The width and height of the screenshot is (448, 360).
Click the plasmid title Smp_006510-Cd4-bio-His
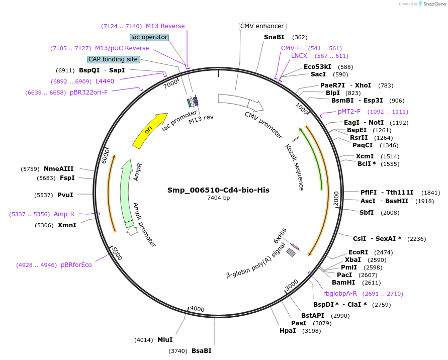pos(219,190)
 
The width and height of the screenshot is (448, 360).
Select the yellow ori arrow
pos(149,131)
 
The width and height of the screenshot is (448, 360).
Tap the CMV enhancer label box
pos(262,26)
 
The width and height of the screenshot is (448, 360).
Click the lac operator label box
pos(149,37)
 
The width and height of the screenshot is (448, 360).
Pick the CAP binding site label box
pos(113,59)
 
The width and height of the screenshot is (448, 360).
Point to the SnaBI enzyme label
pos(274,37)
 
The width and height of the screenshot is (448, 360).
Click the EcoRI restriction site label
pos(358,252)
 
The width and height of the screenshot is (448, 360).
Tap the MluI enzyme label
pos(165,340)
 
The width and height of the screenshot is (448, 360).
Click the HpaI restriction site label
pos(288,331)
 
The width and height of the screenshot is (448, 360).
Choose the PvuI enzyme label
pos(65,195)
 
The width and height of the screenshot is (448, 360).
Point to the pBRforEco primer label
pos(76,264)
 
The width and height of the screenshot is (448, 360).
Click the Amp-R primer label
pos(64,214)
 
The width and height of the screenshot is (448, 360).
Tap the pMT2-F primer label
pos(349,112)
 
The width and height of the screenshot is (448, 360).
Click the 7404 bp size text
pos(219,198)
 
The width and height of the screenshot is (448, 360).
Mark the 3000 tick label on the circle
pos(292,285)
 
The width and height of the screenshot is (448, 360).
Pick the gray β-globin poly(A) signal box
pos(291,253)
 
